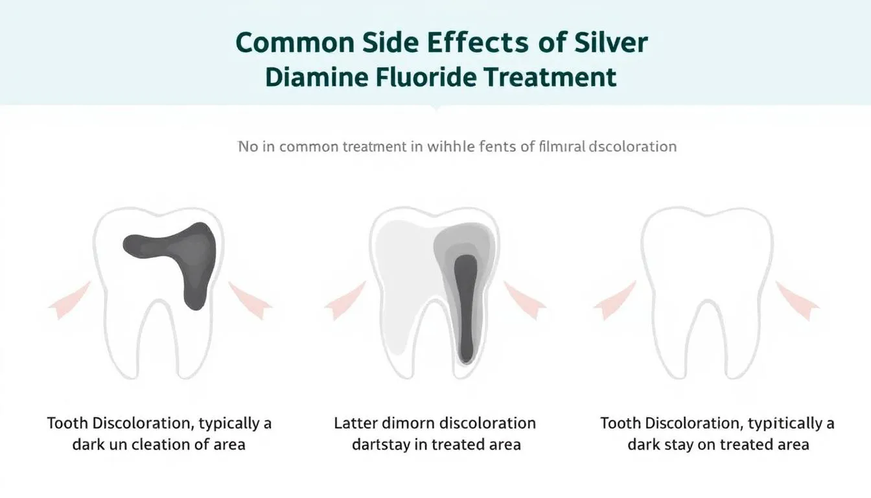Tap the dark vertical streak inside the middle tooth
[465, 305]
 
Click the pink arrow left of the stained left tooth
[70, 300]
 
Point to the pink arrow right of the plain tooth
[798, 300]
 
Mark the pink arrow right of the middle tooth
[525, 300]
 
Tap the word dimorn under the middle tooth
[407, 424]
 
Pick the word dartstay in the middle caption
[379, 445]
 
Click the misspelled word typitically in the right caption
[782, 424]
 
